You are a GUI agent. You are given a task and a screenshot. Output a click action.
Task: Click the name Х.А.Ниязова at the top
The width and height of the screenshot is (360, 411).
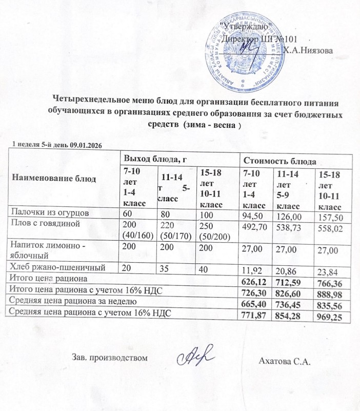pyautogui.click(x=308, y=50)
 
